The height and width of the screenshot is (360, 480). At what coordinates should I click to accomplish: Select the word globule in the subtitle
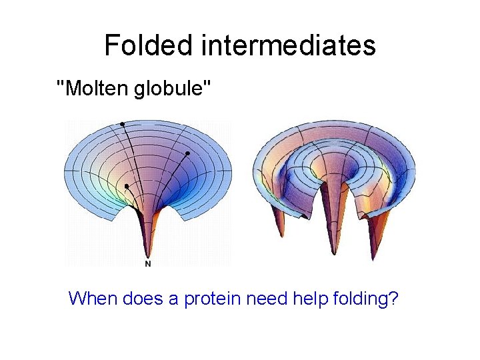(171, 87)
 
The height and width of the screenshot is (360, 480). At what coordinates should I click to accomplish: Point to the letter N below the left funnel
(148, 264)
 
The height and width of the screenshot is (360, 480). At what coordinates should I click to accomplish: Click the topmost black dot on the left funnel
(122, 124)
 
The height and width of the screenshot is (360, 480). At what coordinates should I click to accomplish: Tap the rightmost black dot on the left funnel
(188, 154)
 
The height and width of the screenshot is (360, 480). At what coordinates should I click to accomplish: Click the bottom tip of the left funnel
(148, 254)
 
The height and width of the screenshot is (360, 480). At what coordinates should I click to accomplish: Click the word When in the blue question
(93, 298)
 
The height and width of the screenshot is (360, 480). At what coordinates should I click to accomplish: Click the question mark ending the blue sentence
(394, 298)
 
